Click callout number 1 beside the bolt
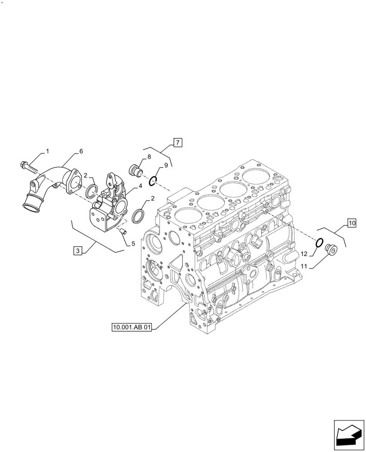click(47, 151)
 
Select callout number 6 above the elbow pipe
click(81, 151)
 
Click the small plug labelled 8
click(135, 170)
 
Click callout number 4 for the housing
click(140, 185)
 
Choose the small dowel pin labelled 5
click(121, 231)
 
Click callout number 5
click(133, 244)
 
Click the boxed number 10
click(352, 222)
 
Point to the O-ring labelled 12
click(319, 243)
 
